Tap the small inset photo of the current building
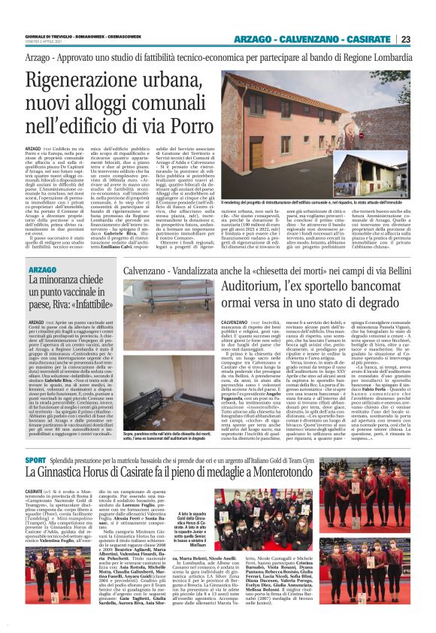(x=379, y=175)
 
